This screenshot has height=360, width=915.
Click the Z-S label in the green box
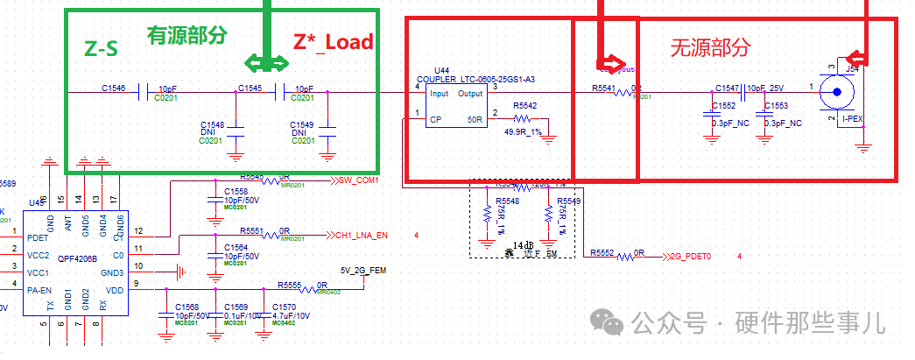click(x=101, y=49)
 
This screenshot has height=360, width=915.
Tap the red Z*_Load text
click(x=334, y=41)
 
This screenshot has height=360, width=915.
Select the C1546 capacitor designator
click(x=114, y=88)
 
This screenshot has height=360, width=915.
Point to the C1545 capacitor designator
click(x=250, y=88)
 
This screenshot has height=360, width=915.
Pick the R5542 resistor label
click(x=525, y=106)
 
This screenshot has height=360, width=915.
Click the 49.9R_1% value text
click(x=523, y=131)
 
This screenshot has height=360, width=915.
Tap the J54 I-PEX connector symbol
click(x=842, y=92)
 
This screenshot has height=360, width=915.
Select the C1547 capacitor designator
click(x=728, y=88)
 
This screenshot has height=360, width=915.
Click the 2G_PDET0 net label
click(x=690, y=256)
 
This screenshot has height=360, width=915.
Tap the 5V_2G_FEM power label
click(x=363, y=270)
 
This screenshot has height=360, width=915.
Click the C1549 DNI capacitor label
click(x=302, y=126)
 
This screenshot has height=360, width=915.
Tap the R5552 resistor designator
click(x=602, y=252)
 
